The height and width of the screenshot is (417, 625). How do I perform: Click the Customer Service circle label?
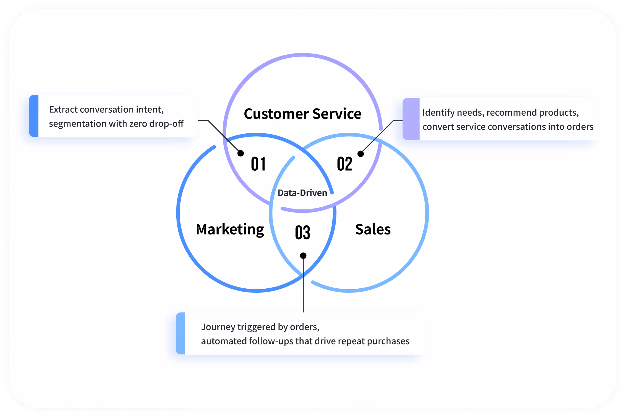pyautogui.click(x=302, y=114)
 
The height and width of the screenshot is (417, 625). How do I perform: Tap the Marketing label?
pyautogui.click(x=230, y=230)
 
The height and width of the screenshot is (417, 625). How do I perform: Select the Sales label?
pyautogui.click(x=373, y=229)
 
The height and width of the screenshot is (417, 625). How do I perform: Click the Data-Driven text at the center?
pyautogui.click(x=302, y=193)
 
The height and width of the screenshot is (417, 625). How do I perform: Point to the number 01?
pyautogui.click(x=258, y=164)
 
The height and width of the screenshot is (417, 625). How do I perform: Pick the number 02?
pyautogui.click(x=344, y=164)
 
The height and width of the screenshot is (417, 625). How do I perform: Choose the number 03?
pyautogui.click(x=302, y=232)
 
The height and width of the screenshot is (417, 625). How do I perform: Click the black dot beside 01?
pyautogui.click(x=241, y=153)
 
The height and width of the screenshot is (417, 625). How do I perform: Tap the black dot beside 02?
pyautogui.click(x=360, y=154)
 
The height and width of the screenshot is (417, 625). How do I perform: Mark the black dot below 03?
pyautogui.click(x=303, y=256)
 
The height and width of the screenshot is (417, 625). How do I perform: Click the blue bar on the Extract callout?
pyautogui.click(x=34, y=116)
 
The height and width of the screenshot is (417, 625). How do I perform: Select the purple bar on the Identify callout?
pyautogui.click(x=411, y=119)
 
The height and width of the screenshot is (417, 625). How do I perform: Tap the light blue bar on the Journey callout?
pyautogui.click(x=181, y=333)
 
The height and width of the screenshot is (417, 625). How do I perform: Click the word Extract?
pyautogui.click(x=63, y=110)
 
